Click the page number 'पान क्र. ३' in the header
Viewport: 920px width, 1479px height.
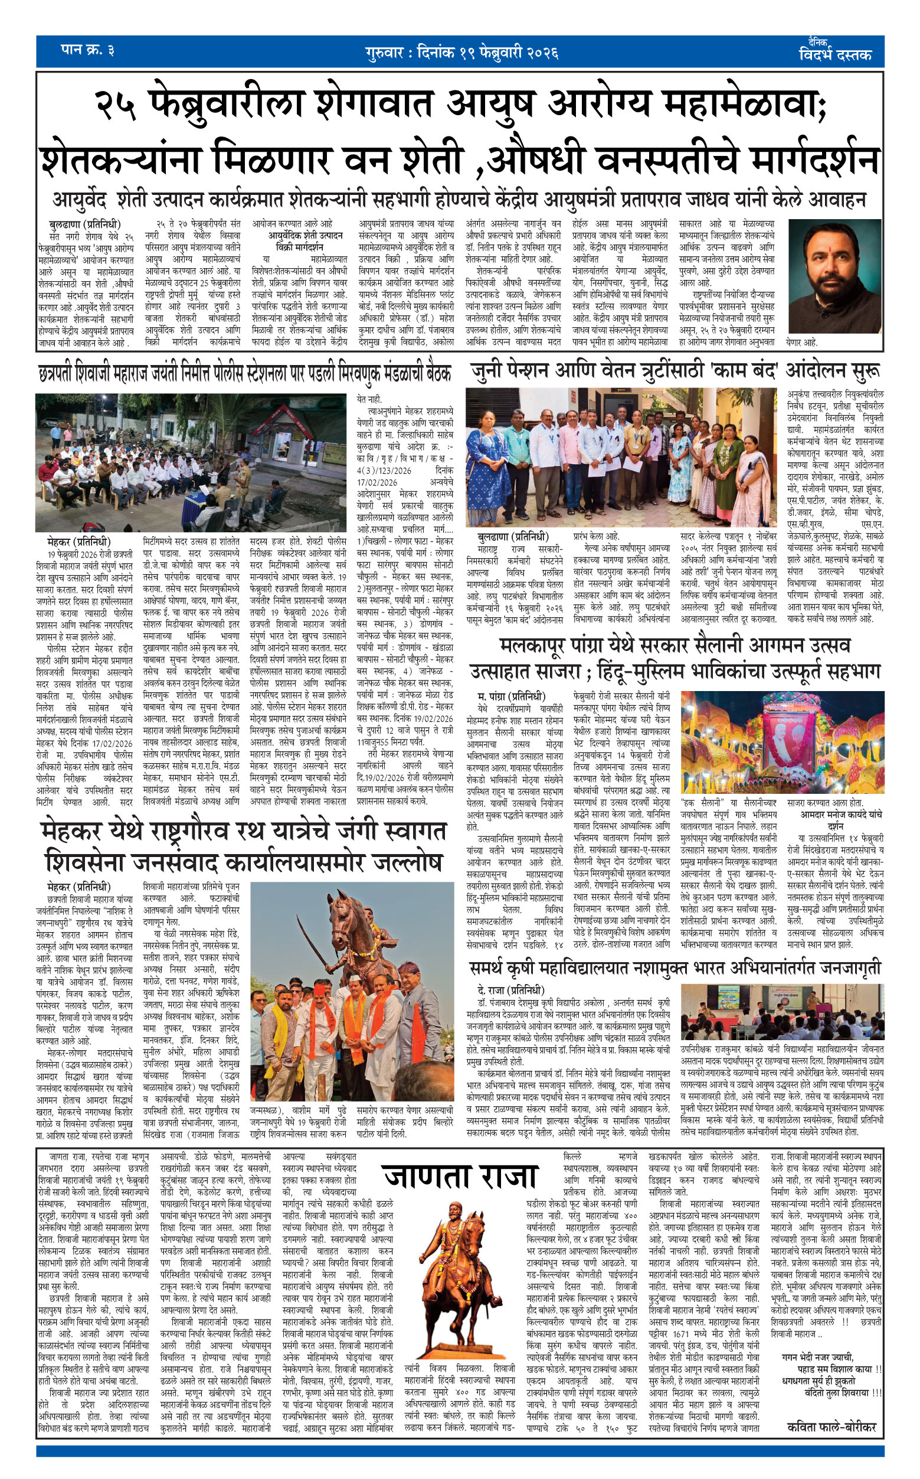(89, 50)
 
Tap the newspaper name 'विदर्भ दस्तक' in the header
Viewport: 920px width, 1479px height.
(835, 54)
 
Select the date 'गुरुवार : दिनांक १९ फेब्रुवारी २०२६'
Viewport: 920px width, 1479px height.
(462, 53)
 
